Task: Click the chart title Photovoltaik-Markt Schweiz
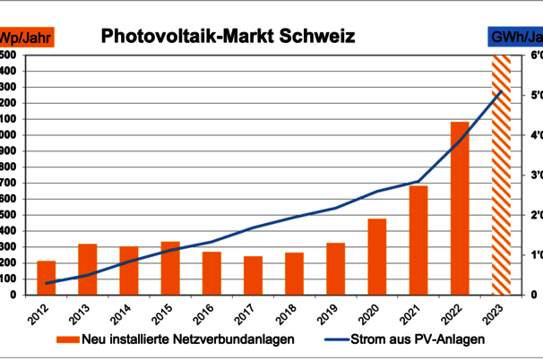pos(228,37)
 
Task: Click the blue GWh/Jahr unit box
pos(515,37)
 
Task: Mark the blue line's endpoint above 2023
pos(501,92)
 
